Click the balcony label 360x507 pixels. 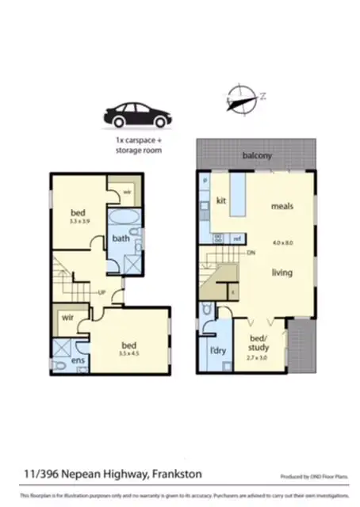[x=257, y=156]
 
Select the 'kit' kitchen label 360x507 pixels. [x=221, y=200]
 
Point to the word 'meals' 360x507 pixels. [x=282, y=207]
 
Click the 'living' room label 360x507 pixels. [x=281, y=273]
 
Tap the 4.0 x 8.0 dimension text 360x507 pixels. [x=281, y=242]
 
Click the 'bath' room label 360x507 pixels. [x=121, y=238]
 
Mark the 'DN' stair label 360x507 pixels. [x=251, y=253]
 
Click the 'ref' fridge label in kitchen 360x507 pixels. [x=236, y=238]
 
